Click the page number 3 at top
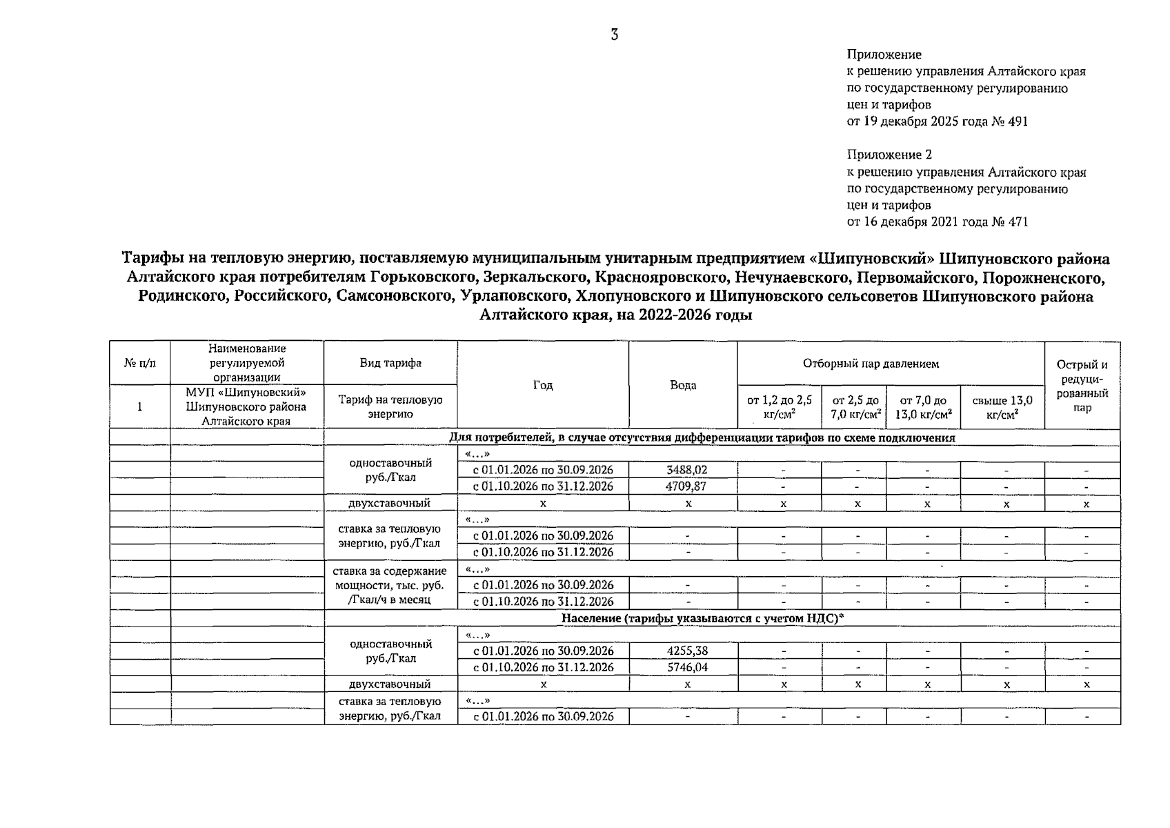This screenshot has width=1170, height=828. coord(614,35)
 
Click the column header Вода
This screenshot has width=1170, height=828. coord(683,385)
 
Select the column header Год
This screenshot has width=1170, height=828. coord(543,385)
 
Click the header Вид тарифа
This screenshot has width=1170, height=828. coord(390,363)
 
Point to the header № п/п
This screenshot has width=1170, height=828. coord(140,363)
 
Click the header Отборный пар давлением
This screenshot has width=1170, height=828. coord(890,364)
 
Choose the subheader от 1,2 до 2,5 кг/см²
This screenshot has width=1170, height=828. coord(780,407)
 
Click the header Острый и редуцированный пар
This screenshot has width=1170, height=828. coord(1082,386)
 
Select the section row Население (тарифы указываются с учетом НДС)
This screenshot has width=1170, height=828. coord(702,618)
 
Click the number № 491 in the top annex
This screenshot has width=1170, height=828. coord(1010,121)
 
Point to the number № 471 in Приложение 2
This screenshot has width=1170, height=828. coord(1010,222)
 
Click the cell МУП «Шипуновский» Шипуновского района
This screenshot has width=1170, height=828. coord(246,406)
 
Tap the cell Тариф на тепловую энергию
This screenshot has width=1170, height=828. coord(390,406)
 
